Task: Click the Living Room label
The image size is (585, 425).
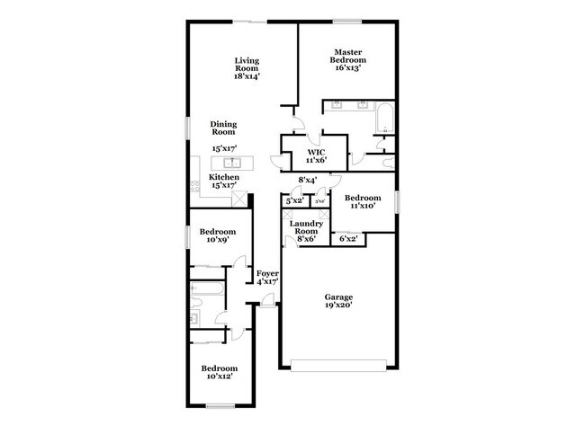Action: pos(247,68)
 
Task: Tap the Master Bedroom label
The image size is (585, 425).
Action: pos(348,60)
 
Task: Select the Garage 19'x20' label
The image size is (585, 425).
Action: pos(338,300)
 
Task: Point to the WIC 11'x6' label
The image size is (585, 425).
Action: pos(314,157)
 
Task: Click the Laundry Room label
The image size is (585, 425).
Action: pos(306,231)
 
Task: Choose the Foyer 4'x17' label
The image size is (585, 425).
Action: pos(267,277)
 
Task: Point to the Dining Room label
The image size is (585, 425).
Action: pos(223,128)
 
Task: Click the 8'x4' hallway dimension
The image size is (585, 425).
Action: pos(308,181)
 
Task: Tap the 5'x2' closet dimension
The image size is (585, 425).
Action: pos(294,202)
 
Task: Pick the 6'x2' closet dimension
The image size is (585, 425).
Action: pos(346,238)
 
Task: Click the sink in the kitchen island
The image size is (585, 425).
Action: pos(232,163)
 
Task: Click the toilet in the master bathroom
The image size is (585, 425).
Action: pos(383,143)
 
